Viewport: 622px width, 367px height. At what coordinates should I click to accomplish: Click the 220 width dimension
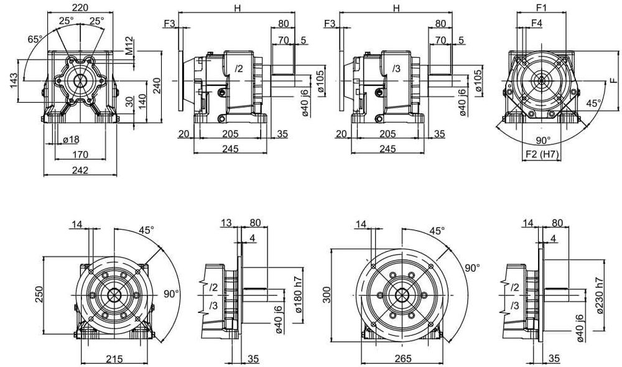[x=80, y=7]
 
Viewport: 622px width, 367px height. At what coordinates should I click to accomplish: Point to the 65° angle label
[x=35, y=39]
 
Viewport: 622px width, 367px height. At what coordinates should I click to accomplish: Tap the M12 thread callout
[x=130, y=46]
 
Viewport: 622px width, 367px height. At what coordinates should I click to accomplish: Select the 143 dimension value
[x=14, y=81]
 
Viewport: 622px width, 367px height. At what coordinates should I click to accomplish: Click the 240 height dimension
[x=156, y=86]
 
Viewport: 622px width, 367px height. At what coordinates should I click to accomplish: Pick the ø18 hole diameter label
[x=71, y=139]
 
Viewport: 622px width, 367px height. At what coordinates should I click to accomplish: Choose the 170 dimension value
[x=80, y=154]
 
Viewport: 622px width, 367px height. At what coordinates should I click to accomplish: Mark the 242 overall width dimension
[x=80, y=170]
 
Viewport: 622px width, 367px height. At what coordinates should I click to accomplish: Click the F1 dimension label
[x=542, y=7]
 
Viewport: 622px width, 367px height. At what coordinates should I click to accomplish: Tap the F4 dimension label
[x=537, y=23]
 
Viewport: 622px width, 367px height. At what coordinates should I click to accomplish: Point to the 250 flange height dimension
[x=39, y=294]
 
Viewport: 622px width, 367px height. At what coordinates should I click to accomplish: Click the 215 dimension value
[x=114, y=359]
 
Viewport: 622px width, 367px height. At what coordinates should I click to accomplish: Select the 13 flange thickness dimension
[x=226, y=223]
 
